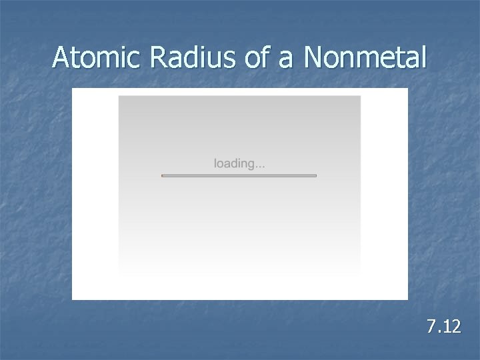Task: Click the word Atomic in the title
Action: coord(99,59)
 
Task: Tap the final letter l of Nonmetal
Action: coord(422,59)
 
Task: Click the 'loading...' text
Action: coord(239,163)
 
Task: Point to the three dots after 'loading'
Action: coord(258,166)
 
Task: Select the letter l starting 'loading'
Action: coord(215,163)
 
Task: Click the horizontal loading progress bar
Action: coord(239,175)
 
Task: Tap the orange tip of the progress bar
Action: coord(163,175)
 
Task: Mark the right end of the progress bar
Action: coord(315,175)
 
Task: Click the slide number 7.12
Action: coord(443,327)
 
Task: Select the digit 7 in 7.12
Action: coord(431,327)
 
